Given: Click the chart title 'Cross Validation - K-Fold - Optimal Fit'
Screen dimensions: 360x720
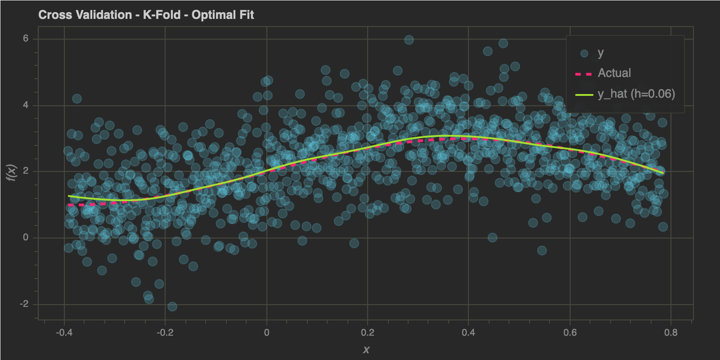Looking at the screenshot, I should point(146,15).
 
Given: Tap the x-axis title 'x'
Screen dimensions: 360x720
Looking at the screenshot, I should point(366,350).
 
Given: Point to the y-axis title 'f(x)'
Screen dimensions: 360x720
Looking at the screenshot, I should point(12,173).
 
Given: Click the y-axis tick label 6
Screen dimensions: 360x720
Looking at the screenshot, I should point(26,39).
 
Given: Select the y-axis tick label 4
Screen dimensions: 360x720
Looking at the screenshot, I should point(26,105).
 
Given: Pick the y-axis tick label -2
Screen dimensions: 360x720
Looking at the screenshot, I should point(24,304).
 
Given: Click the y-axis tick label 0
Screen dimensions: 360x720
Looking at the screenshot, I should point(26,238).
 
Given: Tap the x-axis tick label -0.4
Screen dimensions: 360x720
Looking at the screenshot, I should point(64,333).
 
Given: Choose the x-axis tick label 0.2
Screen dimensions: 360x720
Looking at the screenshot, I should point(368,333).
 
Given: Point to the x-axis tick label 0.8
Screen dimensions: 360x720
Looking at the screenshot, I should point(670,333).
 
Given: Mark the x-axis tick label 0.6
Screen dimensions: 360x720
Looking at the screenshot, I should point(570,333).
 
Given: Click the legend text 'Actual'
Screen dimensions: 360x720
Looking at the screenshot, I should point(614,73).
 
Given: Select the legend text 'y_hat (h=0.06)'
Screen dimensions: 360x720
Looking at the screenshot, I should point(636,94).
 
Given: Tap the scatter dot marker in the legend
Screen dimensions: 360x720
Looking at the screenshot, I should point(584,54).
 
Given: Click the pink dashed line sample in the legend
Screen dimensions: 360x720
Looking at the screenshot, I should point(584,74).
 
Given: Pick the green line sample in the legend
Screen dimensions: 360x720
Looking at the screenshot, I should point(584,94).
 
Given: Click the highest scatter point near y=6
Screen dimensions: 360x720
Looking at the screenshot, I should point(409,40).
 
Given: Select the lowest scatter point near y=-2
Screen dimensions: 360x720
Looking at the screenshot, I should point(172,306).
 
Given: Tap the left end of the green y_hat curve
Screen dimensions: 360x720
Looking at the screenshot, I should point(69,196).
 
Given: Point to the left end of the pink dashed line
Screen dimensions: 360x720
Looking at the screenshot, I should point(69,205).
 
